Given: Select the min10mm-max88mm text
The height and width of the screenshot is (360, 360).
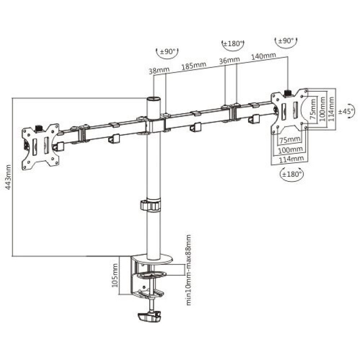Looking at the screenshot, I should (x=188, y=270).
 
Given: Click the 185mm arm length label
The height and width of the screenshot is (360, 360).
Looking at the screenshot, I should (x=194, y=66).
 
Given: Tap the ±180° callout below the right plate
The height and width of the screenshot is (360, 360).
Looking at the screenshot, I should (x=292, y=175).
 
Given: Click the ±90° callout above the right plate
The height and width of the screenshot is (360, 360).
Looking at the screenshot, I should (x=286, y=41).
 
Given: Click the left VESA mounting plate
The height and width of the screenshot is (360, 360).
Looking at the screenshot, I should (x=40, y=145).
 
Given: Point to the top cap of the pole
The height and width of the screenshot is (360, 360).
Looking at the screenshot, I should (x=154, y=99).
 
